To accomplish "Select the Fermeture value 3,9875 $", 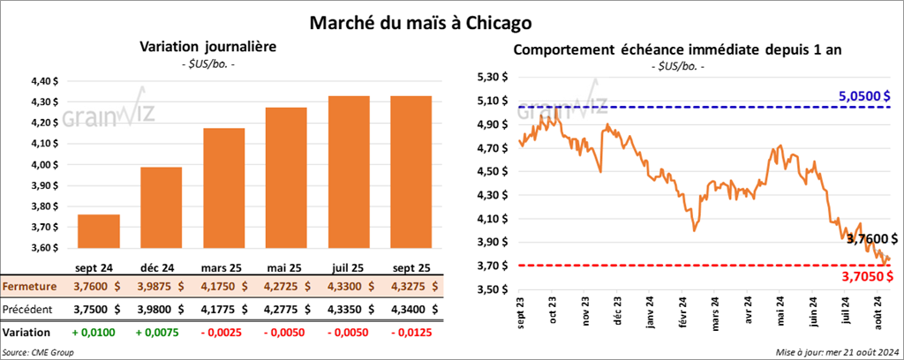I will [x=161, y=286].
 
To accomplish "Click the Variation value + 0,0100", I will [x=99, y=332].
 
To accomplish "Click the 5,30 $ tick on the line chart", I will [x=491, y=77].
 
